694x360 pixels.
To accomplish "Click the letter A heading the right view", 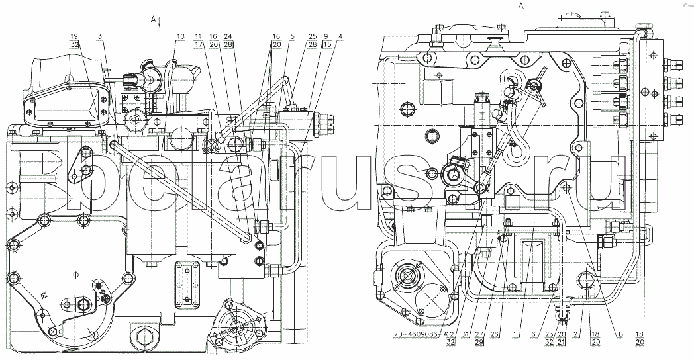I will (x=521, y=6).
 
